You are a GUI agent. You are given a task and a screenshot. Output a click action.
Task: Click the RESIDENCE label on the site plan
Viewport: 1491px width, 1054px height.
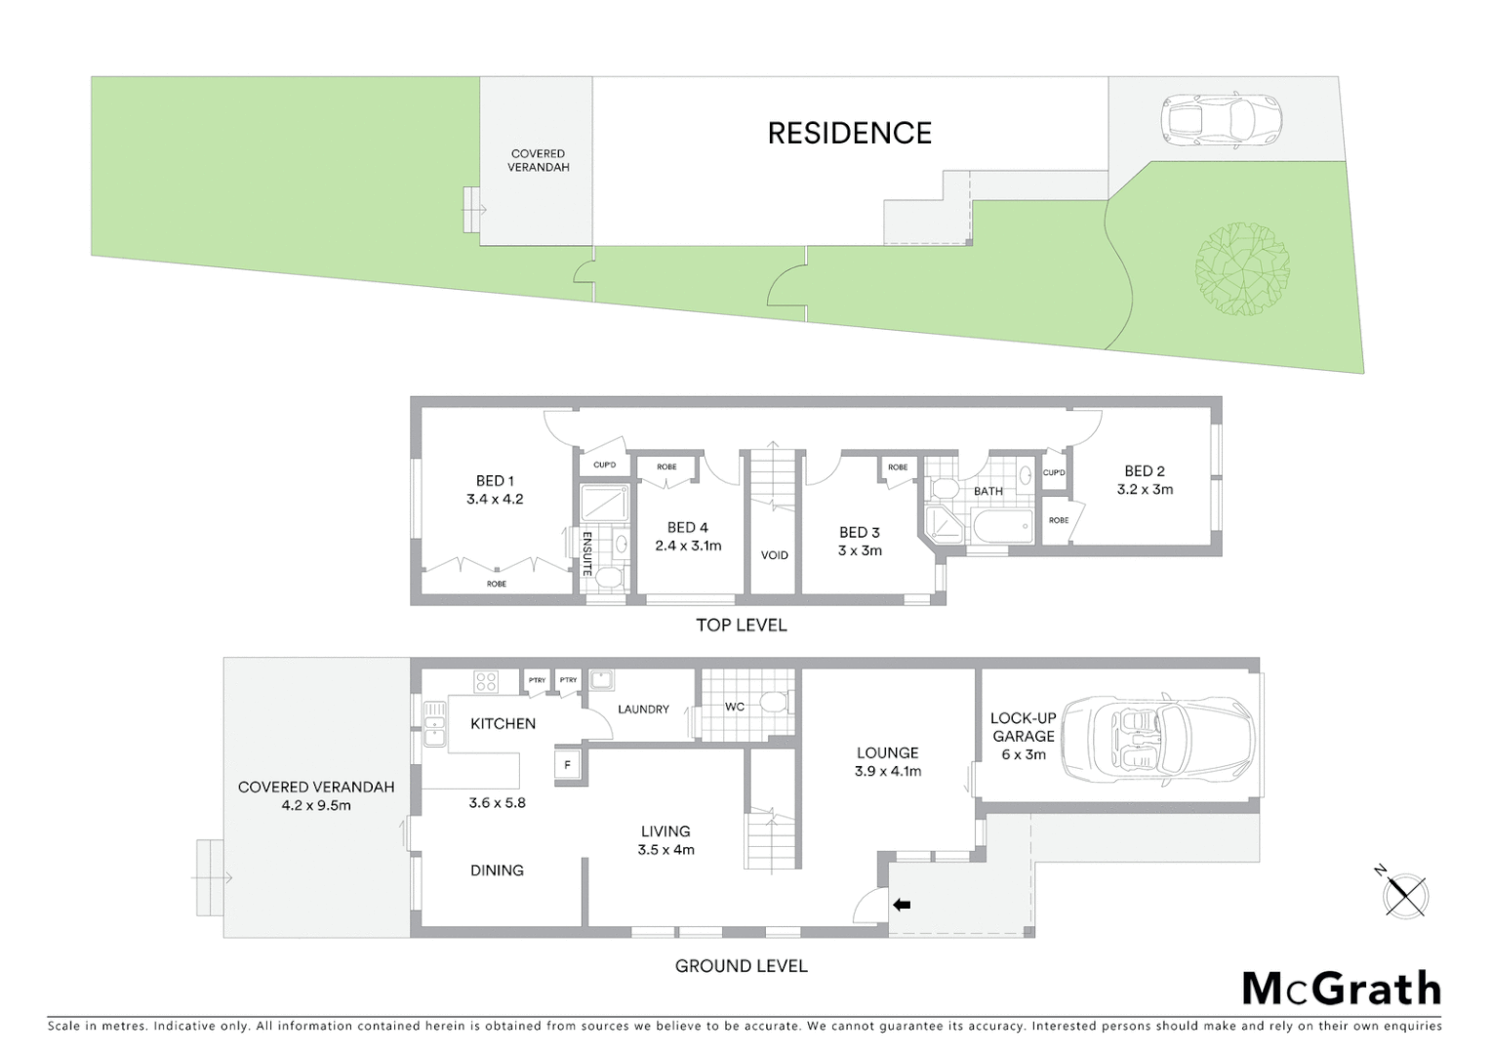point(849,133)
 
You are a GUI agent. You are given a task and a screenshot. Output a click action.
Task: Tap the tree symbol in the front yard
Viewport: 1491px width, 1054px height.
point(1242,269)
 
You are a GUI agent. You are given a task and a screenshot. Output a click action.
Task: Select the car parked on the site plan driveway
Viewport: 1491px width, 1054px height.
point(1219,120)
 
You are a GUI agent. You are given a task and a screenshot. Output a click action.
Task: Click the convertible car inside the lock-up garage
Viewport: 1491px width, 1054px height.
point(1156,738)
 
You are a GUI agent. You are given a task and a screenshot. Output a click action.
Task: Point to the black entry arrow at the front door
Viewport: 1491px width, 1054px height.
point(902,906)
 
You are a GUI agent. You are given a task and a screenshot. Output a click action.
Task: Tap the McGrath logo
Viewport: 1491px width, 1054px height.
point(1341,989)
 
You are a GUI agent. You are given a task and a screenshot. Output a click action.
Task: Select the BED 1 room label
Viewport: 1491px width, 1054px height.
point(495,480)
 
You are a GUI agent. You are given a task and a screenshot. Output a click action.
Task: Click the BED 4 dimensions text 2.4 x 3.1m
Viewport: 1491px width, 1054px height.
point(688,546)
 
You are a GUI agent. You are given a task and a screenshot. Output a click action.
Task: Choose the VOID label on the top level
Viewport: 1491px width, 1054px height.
point(774,555)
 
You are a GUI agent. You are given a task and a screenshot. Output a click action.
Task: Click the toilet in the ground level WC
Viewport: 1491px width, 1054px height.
point(774,703)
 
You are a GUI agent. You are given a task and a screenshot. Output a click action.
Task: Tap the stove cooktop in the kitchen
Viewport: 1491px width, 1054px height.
point(486,681)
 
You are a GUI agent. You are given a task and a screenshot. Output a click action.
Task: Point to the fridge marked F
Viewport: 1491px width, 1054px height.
point(568,765)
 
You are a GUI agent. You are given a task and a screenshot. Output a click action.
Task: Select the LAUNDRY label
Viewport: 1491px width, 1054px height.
point(643,709)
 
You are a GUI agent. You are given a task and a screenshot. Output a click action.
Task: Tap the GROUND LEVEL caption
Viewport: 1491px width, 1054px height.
point(741,966)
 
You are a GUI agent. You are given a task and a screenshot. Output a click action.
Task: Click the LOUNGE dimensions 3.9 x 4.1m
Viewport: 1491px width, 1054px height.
point(887,771)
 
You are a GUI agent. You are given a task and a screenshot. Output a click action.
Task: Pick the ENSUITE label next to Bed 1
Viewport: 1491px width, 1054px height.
point(587,553)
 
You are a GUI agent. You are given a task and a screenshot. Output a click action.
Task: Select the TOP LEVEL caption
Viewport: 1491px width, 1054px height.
point(741,625)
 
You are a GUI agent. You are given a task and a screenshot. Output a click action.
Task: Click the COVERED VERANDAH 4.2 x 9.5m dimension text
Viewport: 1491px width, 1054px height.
point(316,805)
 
